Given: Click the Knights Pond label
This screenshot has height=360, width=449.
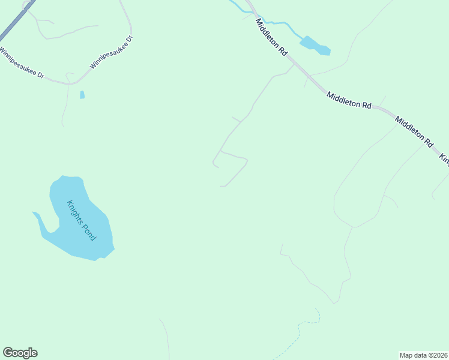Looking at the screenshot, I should click(x=81, y=220).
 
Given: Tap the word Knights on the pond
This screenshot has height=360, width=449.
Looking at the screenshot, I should click(x=75, y=211).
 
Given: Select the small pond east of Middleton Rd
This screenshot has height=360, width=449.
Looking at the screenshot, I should click(x=315, y=46).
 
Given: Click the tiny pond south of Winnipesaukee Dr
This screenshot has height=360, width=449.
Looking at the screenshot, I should click(x=82, y=95).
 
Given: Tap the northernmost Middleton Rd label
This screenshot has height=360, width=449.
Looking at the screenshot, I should click(x=271, y=37).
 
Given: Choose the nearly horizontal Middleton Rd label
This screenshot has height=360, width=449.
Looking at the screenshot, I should click(x=349, y=100).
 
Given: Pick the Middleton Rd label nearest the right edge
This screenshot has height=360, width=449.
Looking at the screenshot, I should click(x=414, y=132).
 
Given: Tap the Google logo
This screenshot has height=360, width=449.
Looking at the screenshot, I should click(x=20, y=353).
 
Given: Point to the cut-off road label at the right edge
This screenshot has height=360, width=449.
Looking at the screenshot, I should click(x=444, y=159).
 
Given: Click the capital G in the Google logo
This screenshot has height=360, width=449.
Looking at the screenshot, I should click(x=8, y=353).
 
